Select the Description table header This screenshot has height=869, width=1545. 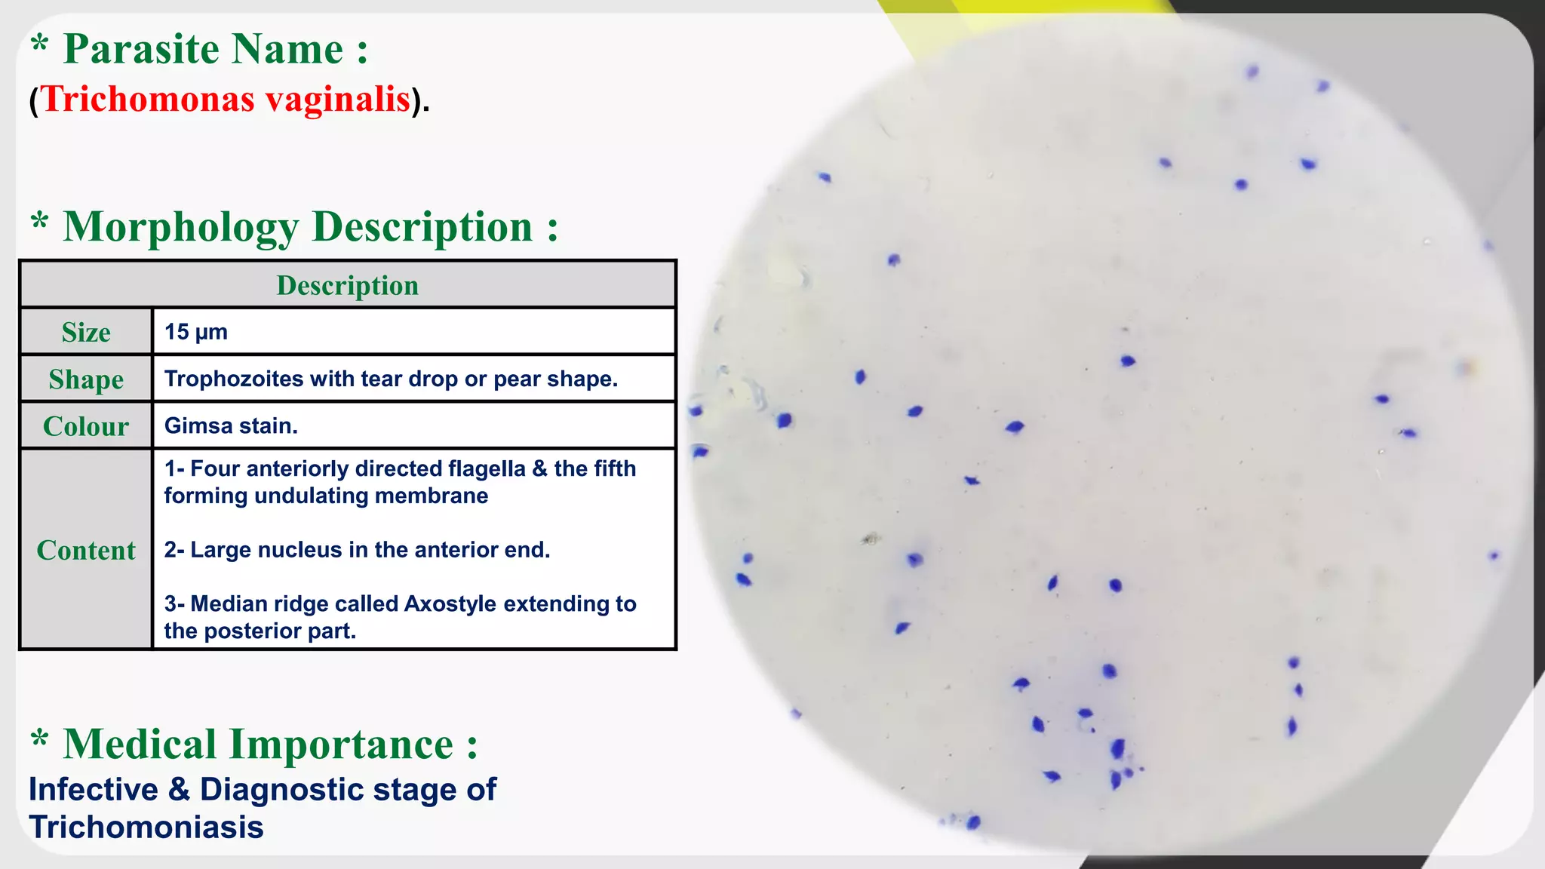point(347,285)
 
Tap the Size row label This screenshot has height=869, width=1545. point(86,333)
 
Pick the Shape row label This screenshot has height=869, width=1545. point(86,379)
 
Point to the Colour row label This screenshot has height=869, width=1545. point(86,426)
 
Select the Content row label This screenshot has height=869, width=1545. point(86,550)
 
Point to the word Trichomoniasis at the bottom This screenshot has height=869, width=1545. point(146,827)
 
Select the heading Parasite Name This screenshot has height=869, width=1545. point(216,50)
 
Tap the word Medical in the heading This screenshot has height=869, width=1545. point(140,745)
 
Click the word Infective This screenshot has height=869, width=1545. point(94,790)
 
